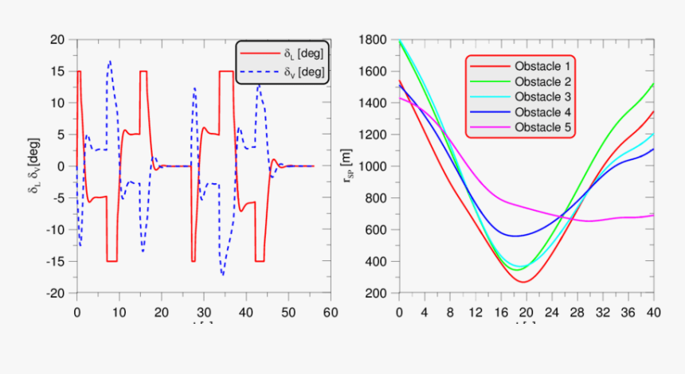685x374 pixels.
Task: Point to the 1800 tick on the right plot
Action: coord(371,39)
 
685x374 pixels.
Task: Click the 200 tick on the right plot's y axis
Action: coord(377,294)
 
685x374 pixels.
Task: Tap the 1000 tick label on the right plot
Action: coord(371,166)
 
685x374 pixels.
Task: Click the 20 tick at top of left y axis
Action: coord(57,39)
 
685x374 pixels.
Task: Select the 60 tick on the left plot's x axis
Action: coord(331,312)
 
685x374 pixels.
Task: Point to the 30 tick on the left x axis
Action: coord(203,312)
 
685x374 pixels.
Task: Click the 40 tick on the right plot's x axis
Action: coord(653,312)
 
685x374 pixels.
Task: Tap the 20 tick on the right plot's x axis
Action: coord(526,312)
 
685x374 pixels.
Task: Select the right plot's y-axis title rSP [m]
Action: coord(348,166)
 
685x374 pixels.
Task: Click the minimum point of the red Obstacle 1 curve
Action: coord(526,282)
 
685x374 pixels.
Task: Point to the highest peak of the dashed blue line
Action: coord(110,60)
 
